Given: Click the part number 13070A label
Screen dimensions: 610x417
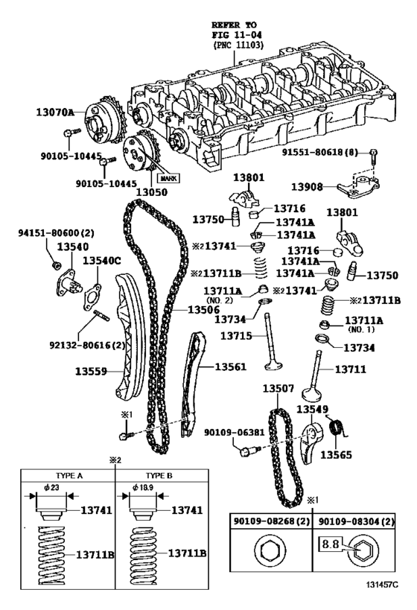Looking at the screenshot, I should pyautogui.click(x=55, y=112).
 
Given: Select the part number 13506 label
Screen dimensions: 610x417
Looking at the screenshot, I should pyautogui.click(x=203, y=309).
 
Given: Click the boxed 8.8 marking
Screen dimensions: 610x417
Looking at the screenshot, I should pyautogui.click(x=330, y=544).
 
